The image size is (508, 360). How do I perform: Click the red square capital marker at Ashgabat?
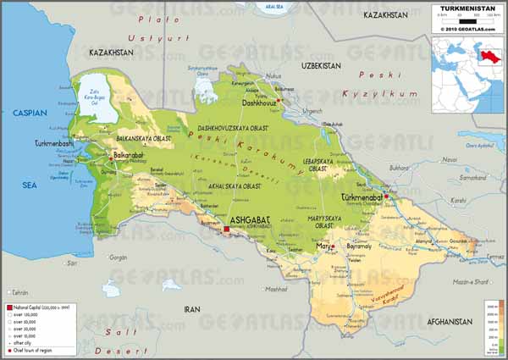(227, 228)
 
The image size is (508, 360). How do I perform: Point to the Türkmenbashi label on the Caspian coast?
(56, 145)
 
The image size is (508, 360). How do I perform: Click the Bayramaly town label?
(359, 246)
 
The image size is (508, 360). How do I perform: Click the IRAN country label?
(191, 309)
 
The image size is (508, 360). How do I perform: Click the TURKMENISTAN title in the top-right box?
(467, 8)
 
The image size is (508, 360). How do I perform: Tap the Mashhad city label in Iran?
(276, 289)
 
